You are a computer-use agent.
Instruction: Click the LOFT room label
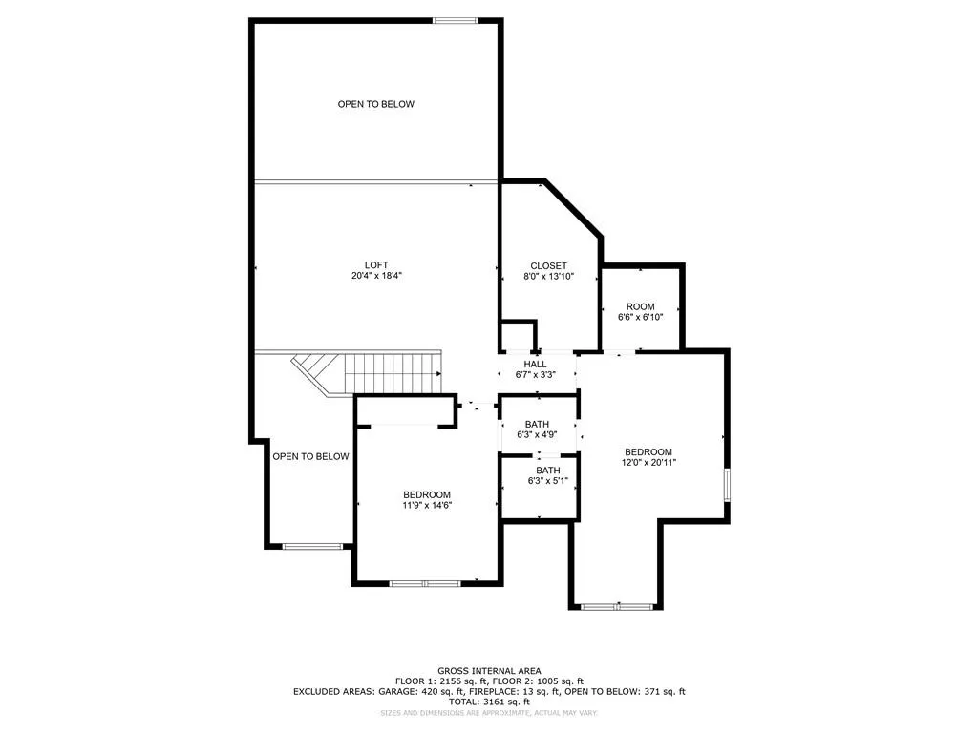tap(376, 265)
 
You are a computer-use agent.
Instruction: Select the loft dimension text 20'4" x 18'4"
tap(376, 276)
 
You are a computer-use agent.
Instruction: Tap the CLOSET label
tap(549, 265)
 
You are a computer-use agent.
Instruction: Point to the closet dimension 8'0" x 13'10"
tap(549, 276)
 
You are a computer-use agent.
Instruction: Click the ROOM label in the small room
tap(640, 306)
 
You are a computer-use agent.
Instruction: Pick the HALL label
tap(536, 364)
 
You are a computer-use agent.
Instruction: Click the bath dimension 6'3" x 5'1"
tap(548, 481)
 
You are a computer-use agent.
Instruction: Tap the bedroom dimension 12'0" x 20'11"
tap(648, 463)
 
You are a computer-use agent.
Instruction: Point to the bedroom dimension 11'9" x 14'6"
tap(427, 505)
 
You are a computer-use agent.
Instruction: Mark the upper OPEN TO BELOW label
tap(376, 104)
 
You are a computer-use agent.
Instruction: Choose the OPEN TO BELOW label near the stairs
tap(310, 456)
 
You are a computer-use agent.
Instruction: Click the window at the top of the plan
tap(455, 20)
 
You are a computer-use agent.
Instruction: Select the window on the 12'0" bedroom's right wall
tap(727, 484)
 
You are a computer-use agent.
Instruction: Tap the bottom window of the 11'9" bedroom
tap(425, 582)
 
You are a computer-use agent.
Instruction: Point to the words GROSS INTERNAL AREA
tap(488, 671)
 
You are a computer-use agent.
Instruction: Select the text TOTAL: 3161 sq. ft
tap(488, 700)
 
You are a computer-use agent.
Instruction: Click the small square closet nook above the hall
tap(518, 337)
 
